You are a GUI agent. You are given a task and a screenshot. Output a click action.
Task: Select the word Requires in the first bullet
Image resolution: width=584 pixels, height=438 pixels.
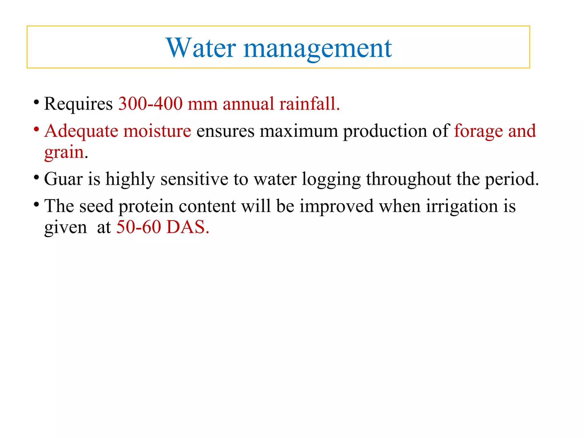tap(78, 104)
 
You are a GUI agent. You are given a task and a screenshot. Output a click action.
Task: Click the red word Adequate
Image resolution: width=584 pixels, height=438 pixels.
tap(81, 131)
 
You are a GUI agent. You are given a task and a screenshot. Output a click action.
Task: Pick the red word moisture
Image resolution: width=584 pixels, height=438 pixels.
tap(157, 131)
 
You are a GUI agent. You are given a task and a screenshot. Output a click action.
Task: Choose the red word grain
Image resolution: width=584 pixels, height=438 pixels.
tap(64, 152)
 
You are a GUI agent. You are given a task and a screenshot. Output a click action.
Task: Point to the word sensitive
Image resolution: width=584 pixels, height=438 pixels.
tap(194, 179)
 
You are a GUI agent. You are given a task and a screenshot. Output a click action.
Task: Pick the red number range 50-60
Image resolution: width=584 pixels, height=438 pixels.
tap(139, 227)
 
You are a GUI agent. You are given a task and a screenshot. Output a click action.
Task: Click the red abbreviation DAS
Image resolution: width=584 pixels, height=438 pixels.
tap(187, 227)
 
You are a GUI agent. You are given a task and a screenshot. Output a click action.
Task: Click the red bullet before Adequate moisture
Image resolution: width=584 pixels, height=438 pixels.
tap(36, 129)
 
